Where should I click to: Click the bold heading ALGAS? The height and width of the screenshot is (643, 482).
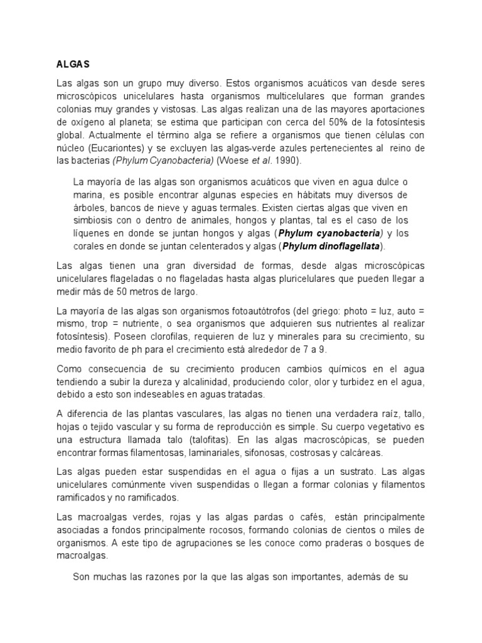(x=73, y=64)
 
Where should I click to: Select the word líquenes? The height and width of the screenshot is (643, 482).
(x=90, y=233)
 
